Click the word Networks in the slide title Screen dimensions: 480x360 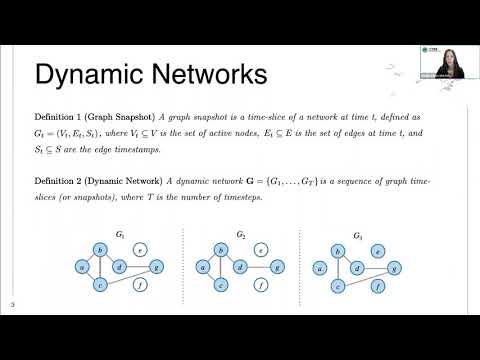pos(203,74)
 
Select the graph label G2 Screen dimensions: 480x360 pos(240,236)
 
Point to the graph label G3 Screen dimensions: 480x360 pos(358,236)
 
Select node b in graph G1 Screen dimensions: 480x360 pos(99,250)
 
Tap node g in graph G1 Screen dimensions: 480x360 pos(156,267)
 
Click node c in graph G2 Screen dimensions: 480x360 pos(220,285)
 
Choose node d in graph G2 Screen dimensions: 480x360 pos(240,267)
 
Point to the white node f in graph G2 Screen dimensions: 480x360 pos(260,285)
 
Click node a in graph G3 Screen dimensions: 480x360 pos(319,267)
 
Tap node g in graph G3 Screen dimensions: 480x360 pos(395,267)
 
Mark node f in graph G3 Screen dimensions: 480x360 pos(378,285)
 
